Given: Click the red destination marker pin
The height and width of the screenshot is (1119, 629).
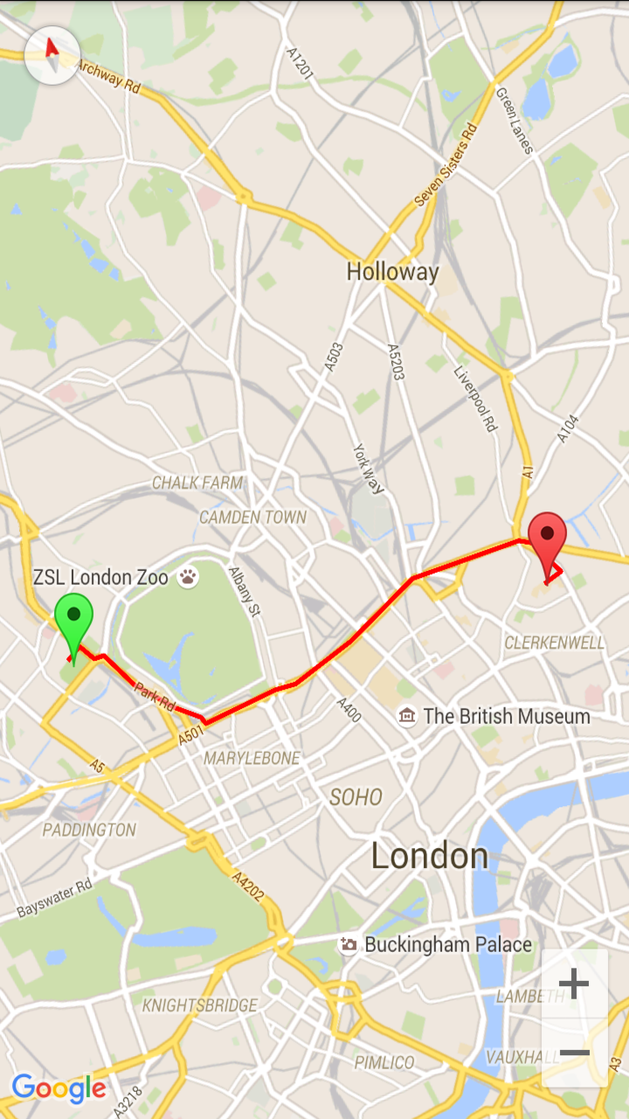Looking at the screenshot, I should click(548, 534).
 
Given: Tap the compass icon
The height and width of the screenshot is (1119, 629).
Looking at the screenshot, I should click(52, 54).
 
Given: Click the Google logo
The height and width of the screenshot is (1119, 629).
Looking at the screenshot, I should click(59, 1088).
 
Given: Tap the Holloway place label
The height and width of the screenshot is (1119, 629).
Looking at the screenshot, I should click(392, 272).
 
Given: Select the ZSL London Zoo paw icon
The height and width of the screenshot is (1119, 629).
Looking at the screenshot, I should click(189, 577).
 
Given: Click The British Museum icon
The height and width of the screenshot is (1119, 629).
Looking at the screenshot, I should click(406, 717).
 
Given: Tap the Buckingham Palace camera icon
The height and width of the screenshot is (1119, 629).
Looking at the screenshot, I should click(349, 945).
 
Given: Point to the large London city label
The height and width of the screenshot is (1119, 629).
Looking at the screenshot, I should click(430, 855).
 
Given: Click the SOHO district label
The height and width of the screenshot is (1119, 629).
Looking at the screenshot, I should click(356, 796).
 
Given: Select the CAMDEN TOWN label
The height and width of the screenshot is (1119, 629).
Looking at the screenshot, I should click(253, 518).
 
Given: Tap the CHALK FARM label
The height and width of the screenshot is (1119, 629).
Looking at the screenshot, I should click(197, 483).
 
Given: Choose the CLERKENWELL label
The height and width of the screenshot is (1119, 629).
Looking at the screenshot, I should click(555, 643).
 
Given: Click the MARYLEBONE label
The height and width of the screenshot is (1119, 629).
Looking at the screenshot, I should click(252, 758).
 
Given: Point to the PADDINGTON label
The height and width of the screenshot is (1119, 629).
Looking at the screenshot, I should click(90, 829).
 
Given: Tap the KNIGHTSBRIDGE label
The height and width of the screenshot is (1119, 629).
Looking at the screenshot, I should click(200, 1004).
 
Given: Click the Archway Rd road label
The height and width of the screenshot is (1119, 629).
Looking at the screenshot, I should click(107, 75).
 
